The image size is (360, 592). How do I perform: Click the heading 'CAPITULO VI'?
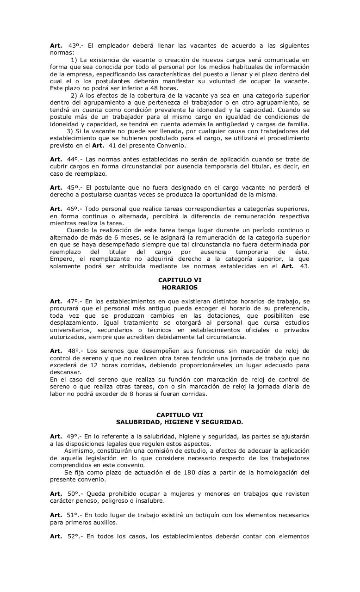pos(180,280)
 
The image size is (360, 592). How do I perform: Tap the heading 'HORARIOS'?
pos(180,287)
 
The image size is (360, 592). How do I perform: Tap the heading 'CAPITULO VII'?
pos(180,415)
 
